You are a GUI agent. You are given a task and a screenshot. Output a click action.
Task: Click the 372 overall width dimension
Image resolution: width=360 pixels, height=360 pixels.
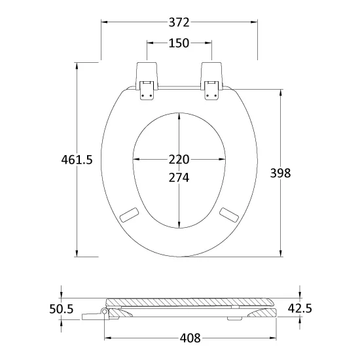pos(179,22)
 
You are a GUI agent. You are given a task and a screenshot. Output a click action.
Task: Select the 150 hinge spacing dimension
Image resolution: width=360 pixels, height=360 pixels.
pos(179,43)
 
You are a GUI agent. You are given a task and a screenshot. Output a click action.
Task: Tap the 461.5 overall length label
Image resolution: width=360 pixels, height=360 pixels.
pos(77,160)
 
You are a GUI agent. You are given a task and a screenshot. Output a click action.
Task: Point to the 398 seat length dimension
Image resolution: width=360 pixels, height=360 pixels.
pos(280,173)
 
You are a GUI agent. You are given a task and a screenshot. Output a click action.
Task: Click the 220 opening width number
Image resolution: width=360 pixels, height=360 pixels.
pos(179,159)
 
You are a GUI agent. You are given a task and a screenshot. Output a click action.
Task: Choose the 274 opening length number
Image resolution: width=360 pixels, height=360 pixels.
pos(179,177)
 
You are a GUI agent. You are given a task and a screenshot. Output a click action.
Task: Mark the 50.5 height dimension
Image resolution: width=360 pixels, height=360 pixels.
pos(62,309)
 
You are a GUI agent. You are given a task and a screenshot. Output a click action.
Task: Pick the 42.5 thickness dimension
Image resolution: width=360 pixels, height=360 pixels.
pos(300,308)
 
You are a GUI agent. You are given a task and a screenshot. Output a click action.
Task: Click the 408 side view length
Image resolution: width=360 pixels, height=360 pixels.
pos(190,338)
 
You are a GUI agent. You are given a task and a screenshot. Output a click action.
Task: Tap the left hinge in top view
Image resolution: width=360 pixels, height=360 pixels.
pos(147,81)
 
